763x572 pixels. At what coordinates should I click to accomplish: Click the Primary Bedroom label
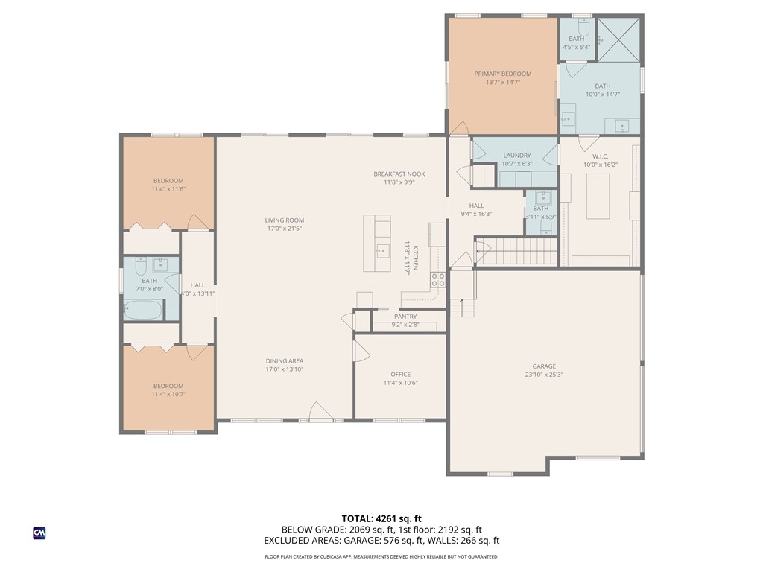503,74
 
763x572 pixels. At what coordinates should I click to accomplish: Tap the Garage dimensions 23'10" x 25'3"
544,375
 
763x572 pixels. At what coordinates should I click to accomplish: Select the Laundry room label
516,156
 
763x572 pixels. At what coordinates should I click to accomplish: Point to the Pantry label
405,317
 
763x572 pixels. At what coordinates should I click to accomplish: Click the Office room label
400,375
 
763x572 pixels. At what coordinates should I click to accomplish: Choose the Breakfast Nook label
399,174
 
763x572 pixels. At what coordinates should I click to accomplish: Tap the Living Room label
284,220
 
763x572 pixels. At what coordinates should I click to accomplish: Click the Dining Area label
284,360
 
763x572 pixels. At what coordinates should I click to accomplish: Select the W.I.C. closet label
600,156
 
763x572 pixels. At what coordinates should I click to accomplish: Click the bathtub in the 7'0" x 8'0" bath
143,311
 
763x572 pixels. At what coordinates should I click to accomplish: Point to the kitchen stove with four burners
437,280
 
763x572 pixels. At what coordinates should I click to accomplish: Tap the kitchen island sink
382,250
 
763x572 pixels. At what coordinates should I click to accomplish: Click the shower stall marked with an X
619,38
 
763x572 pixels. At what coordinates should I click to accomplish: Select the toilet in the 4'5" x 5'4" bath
584,25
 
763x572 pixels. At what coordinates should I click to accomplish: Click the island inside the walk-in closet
598,196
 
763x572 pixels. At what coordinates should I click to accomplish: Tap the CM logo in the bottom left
39,533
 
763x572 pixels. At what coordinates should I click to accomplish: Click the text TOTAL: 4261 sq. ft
381,518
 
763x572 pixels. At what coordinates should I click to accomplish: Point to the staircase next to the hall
516,252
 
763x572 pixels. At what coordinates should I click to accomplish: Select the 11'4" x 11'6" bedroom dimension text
168,190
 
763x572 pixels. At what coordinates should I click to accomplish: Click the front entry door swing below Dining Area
319,411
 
